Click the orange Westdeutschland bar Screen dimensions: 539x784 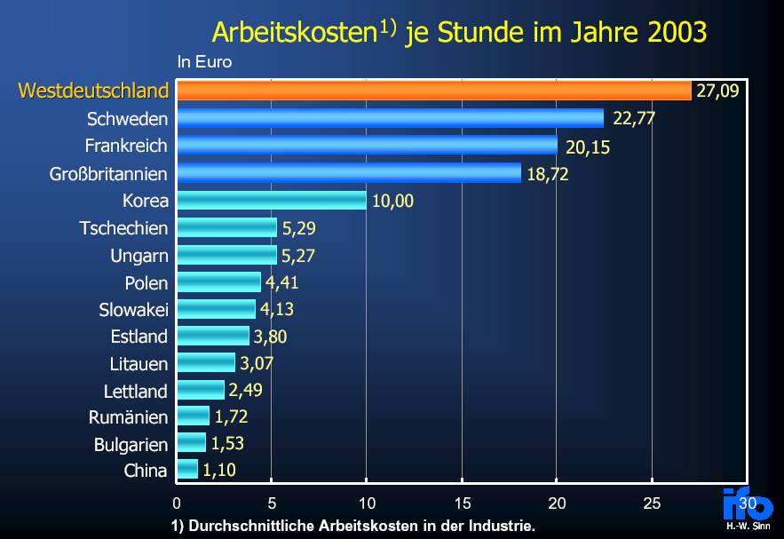[x=433, y=91]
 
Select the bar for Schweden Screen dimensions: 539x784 [x=390, y=118]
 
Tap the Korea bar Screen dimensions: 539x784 [x=271, y=200]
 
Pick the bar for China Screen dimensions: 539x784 [x=187, y=470]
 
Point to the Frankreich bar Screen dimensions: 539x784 [x=367, y=146]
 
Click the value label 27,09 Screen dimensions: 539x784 [x=717, y=91]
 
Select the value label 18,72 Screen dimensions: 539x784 [x=548, y=174]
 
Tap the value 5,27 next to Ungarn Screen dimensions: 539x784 [x=299, y=257]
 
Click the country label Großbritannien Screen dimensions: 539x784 [x=108, y=173]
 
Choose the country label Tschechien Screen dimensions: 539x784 [x=123, y=228]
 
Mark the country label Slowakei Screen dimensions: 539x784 [x=133, y=310]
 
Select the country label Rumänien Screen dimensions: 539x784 [x=128, y=417]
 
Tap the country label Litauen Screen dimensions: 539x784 [x=138, y=364]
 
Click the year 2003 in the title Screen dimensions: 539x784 [x=677, y=34]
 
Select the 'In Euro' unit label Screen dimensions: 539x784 [x=204, y=62]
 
